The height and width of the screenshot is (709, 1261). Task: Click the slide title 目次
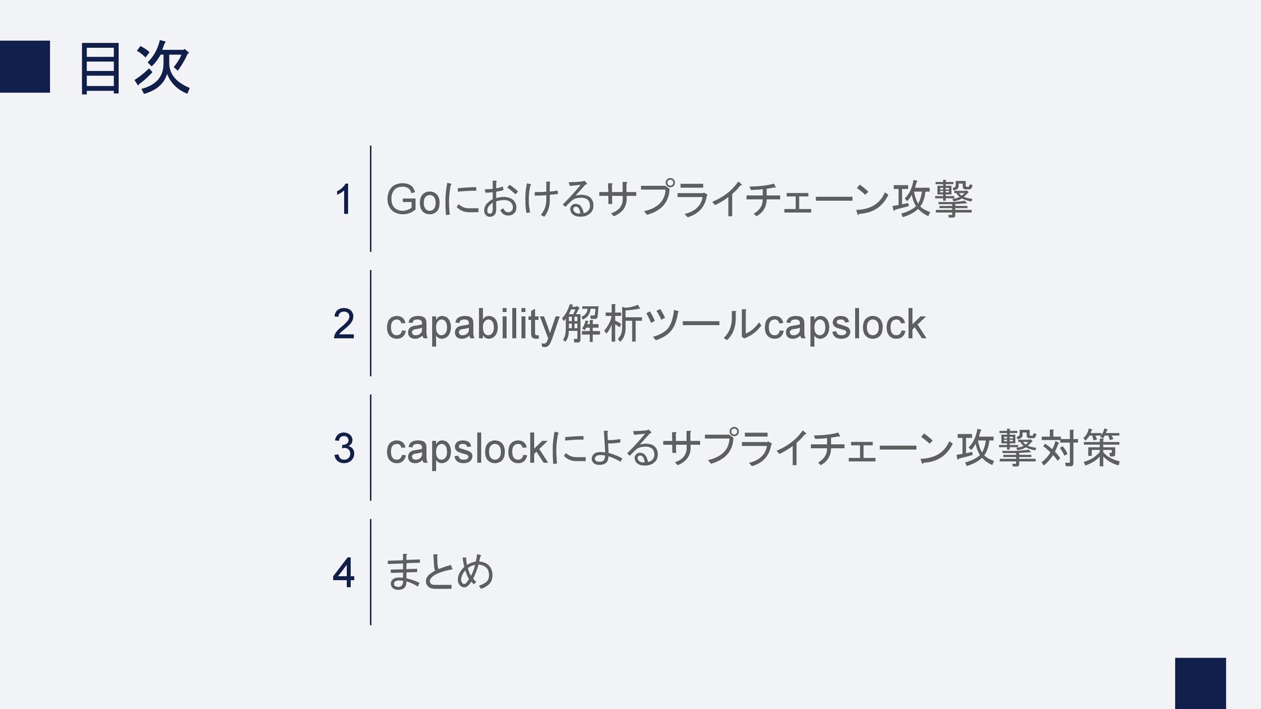coord(135,68)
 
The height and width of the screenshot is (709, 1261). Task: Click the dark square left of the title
coord(24,66)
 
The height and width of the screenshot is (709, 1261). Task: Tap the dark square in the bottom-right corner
coord(1200,683)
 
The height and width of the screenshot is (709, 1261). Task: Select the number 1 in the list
coord(343,200)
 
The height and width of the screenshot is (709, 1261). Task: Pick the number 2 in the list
coord(343,324)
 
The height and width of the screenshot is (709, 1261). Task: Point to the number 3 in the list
coord(343,449)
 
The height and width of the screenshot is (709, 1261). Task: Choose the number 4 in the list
coord(343,573)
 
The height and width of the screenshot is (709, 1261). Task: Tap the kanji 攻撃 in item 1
coord(931,200)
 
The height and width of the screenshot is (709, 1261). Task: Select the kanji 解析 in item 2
coord(602,324)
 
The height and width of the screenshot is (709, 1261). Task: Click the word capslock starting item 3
coord(466,449)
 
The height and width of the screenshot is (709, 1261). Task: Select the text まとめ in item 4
coord(439,572)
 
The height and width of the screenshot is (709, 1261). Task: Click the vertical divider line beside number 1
coord(370,198)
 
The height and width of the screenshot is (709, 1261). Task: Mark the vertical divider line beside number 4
coord(370,572)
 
